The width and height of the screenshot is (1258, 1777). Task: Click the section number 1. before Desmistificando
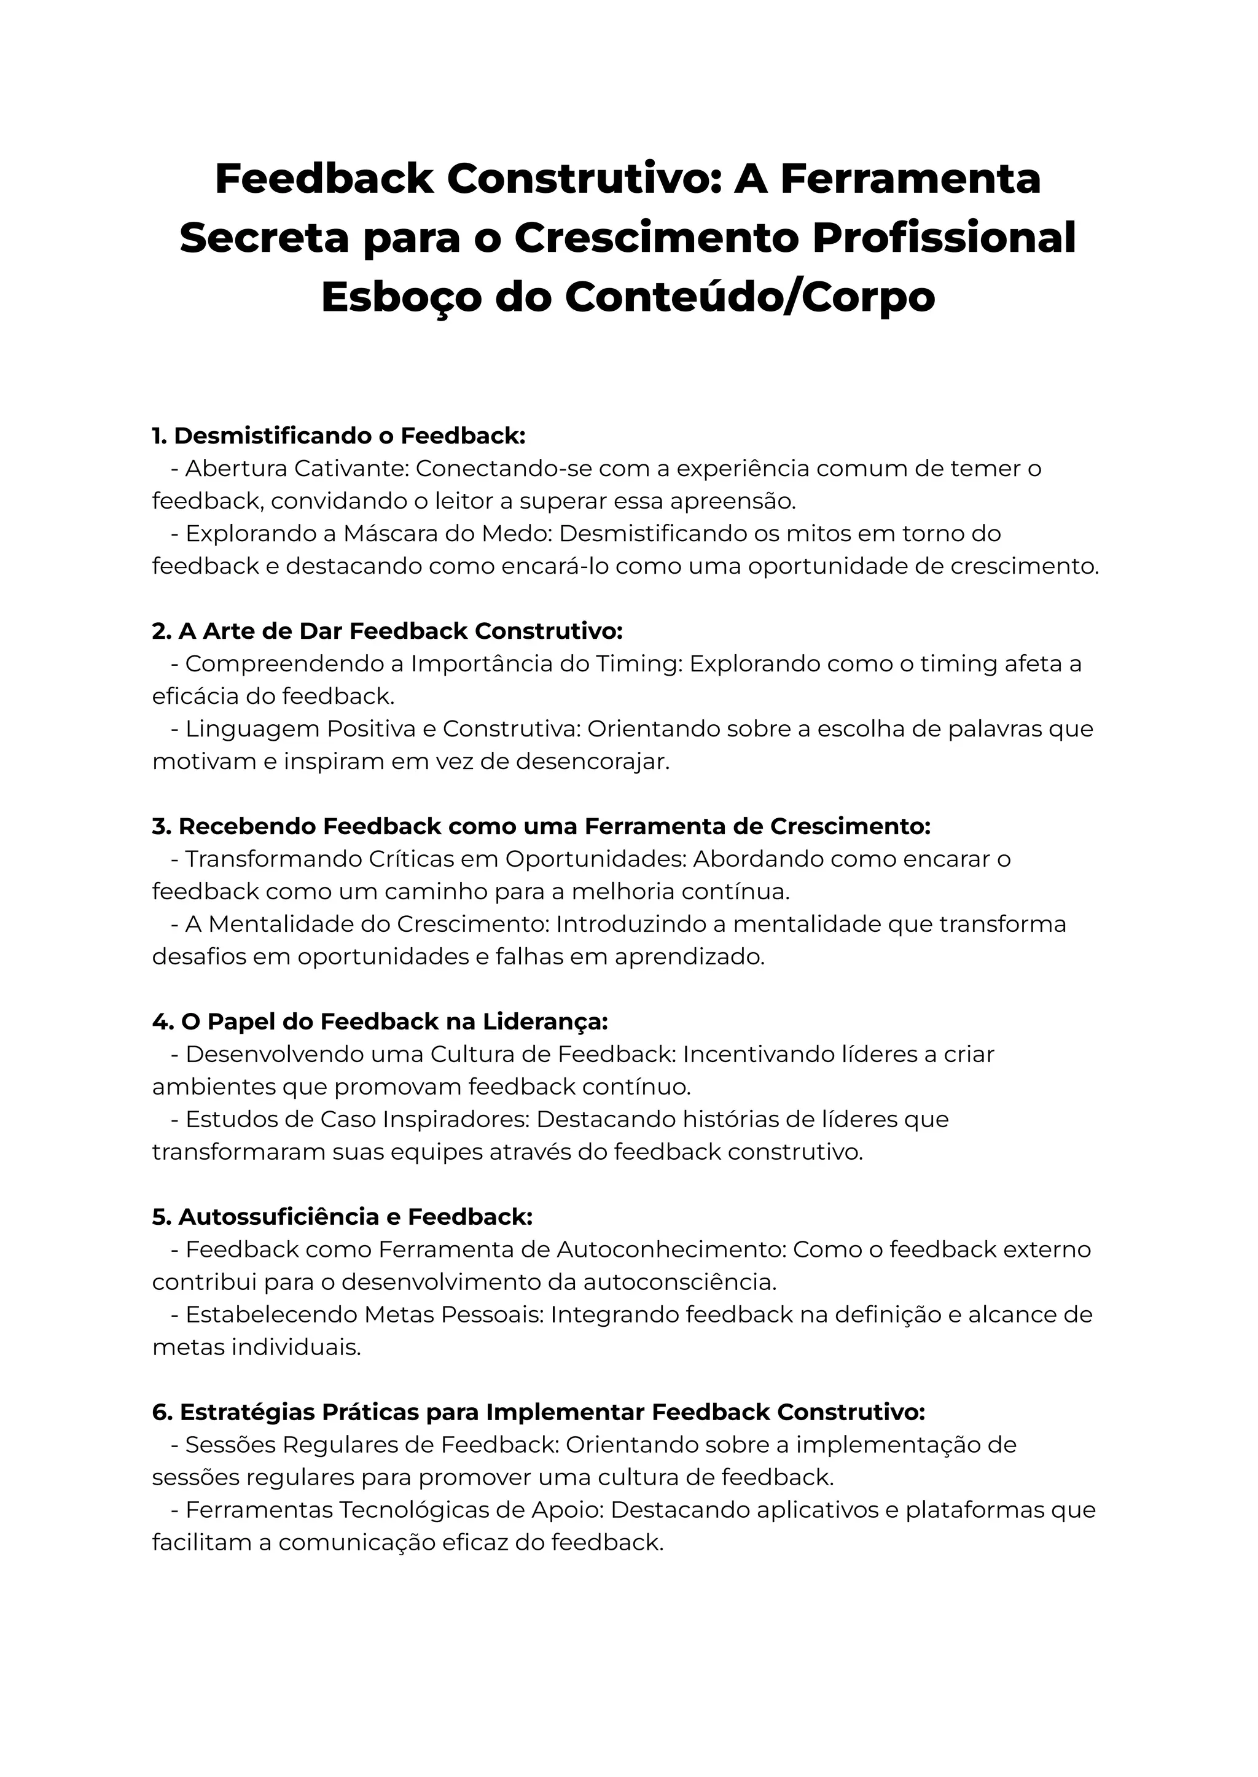pos(160,436)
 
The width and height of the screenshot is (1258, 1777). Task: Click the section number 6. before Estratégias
pos(162,1412)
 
